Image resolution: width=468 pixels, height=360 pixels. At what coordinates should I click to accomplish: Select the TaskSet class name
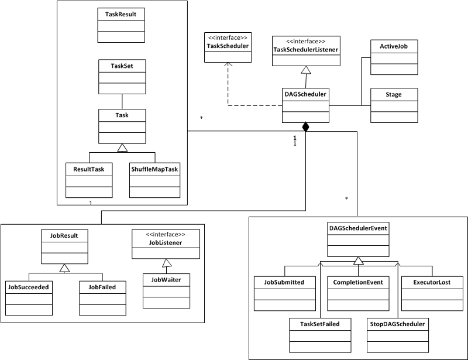click(122, 66)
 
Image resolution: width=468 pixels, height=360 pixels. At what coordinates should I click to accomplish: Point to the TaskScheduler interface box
click(228, 46)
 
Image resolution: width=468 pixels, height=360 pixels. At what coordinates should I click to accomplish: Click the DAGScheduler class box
click(305, 105)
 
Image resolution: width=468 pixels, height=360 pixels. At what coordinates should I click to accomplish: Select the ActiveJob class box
click(394, 57)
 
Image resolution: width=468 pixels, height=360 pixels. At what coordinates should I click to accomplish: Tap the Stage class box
click(394, 105)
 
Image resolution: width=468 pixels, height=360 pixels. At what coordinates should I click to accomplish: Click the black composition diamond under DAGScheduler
click(305, 127)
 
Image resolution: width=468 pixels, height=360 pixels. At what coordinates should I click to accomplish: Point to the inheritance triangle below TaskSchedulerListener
click(305, 70)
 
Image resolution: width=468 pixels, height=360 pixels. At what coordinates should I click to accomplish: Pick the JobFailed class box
click(102, 298)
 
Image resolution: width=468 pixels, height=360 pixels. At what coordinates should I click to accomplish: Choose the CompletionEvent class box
click(359, 293)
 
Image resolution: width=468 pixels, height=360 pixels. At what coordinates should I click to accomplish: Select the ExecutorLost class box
click(433, 293)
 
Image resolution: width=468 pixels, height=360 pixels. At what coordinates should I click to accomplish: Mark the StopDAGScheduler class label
click(397, 323)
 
